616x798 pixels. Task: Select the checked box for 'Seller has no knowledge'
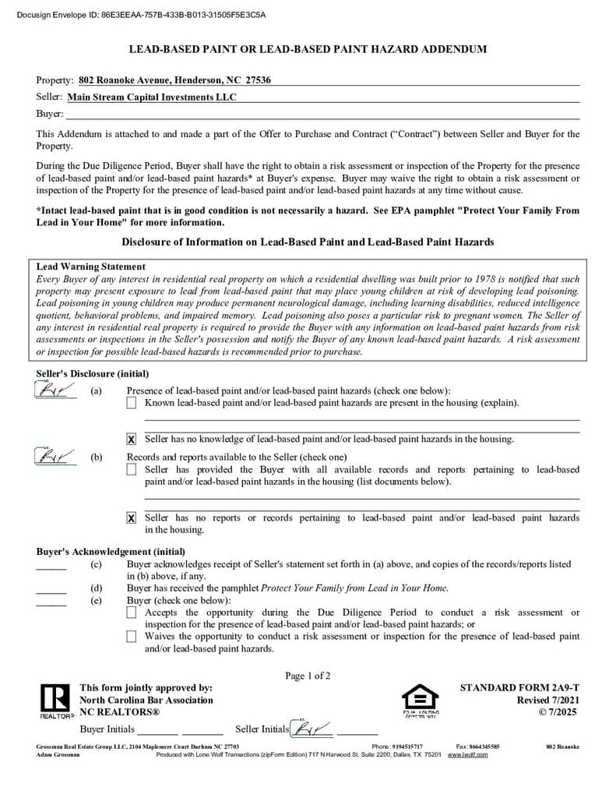(131, 440)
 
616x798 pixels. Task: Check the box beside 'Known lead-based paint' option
(131, 403)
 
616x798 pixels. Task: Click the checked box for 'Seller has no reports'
(131, 518)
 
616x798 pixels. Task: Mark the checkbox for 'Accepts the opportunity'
(131, 613)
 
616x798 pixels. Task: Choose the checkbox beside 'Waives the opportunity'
(131, 637)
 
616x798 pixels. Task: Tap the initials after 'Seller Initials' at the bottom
(311, 729)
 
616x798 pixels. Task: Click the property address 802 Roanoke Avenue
(174, 80)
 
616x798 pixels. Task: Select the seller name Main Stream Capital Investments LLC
(152, 97)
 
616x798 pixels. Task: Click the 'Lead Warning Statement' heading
(91, 267)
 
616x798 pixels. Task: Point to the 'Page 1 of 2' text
(308, 676)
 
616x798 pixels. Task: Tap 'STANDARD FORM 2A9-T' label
(519, 688)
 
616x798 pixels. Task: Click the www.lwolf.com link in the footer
(467, 755)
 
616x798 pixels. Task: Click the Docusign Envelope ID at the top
(141, 14)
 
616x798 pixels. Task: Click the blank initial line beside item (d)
(51, 593)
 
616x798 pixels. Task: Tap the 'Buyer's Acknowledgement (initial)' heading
(111, 552)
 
